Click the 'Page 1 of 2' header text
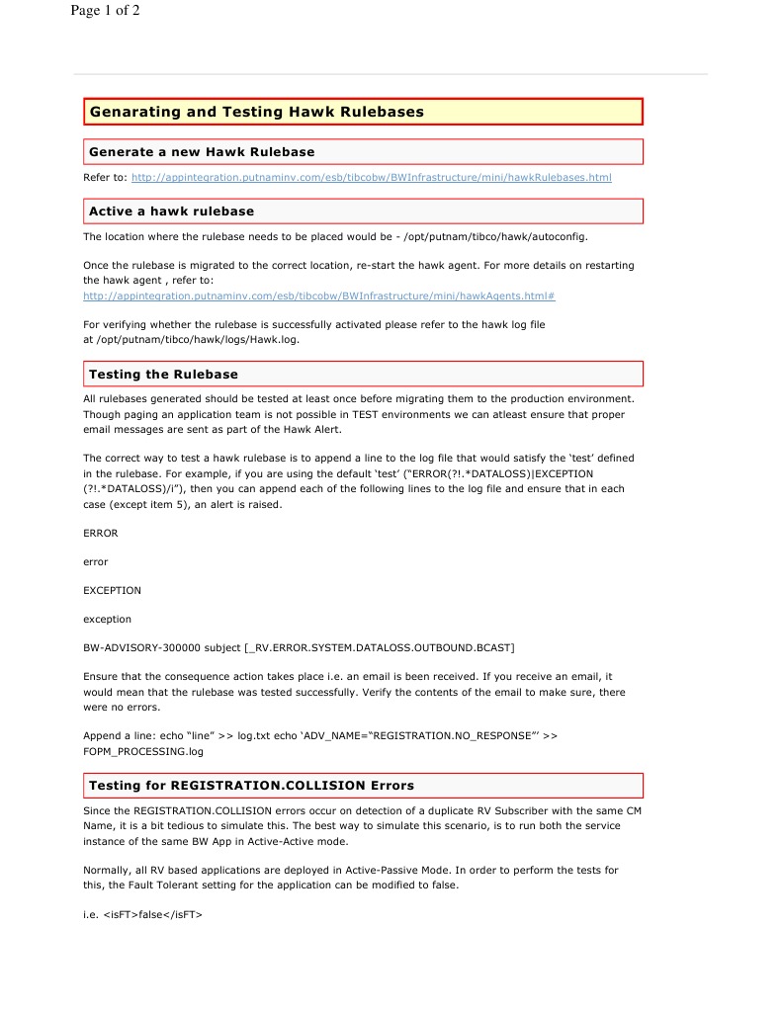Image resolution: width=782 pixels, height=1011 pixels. coord(106,12)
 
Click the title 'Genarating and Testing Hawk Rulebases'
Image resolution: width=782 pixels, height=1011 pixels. coord(257,112)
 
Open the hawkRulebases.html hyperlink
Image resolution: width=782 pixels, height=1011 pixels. coord(371,178)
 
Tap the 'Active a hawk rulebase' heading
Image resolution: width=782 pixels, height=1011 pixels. coord(171,211)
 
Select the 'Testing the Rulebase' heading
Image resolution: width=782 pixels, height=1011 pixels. coord(163,375)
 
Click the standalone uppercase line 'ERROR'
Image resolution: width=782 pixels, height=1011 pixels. coord(101,534)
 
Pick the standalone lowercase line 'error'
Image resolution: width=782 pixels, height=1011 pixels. coord(96,562)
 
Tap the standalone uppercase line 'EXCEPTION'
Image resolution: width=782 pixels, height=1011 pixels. coord(112,591)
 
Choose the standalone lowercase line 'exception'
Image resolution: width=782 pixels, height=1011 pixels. coord(107,620)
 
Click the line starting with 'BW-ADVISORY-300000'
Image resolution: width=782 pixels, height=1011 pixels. coord(299,648)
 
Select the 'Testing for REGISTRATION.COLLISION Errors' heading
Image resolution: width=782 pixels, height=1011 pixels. coord(251,786)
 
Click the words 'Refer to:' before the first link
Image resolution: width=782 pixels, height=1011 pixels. coord(105,178)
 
